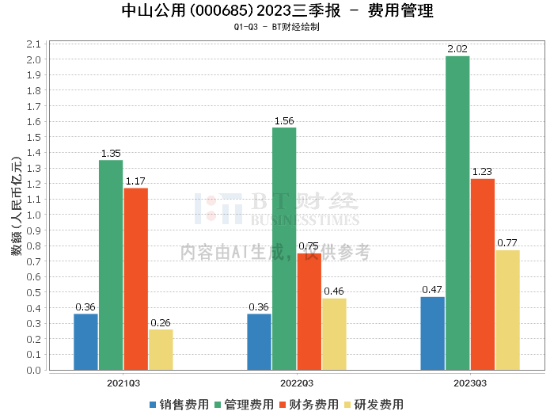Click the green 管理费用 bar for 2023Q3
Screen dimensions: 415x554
tap(457, 213)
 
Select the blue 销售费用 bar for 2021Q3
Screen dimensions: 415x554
tap(85, 342)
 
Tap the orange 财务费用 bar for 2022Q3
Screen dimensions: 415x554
tap(309, 312)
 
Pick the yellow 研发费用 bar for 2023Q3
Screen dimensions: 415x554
tap(507, 310)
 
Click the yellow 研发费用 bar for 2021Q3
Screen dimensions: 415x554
tap(160, 350)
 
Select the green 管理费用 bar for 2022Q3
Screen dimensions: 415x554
tap(284, 249)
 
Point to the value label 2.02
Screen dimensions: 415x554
tap(457, 49)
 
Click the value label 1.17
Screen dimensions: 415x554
tap(135, 181)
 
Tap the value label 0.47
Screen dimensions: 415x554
tap(432, 290)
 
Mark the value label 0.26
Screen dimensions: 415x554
tap(160, 322)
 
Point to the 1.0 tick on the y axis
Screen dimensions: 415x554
tap(33, 215)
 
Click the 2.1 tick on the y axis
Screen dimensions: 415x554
tap(33, 44)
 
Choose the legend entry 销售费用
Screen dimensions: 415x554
tap(178, 404)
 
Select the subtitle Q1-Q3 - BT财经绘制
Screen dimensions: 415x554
tap(277, 27)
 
